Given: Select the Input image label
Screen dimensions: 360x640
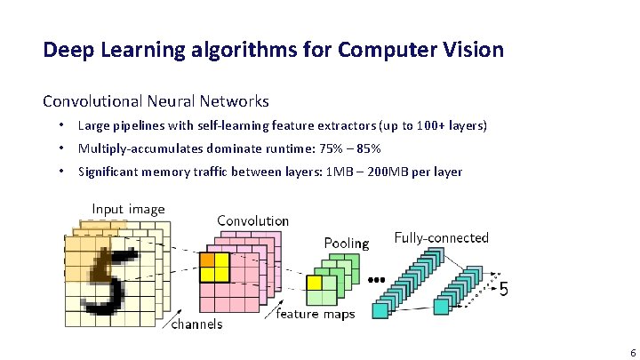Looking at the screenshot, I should (128, 210).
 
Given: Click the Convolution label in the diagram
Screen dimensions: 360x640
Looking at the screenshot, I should (252, 220).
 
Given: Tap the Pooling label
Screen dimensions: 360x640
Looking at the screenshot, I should (347, 243).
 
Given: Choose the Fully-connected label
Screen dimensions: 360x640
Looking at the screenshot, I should (442, 237).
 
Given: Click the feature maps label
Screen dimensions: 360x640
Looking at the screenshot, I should (316, 314).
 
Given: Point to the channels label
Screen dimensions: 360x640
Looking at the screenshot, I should (196, 324).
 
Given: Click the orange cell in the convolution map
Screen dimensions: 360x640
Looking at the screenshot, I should (207, 260).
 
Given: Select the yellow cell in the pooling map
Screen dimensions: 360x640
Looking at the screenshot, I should (314, 283).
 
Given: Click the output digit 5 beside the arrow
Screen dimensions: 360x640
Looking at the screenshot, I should (504, 290).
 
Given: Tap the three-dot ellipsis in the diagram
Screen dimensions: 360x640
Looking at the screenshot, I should (376, 280).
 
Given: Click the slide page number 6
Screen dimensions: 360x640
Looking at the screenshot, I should (620, 352).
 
